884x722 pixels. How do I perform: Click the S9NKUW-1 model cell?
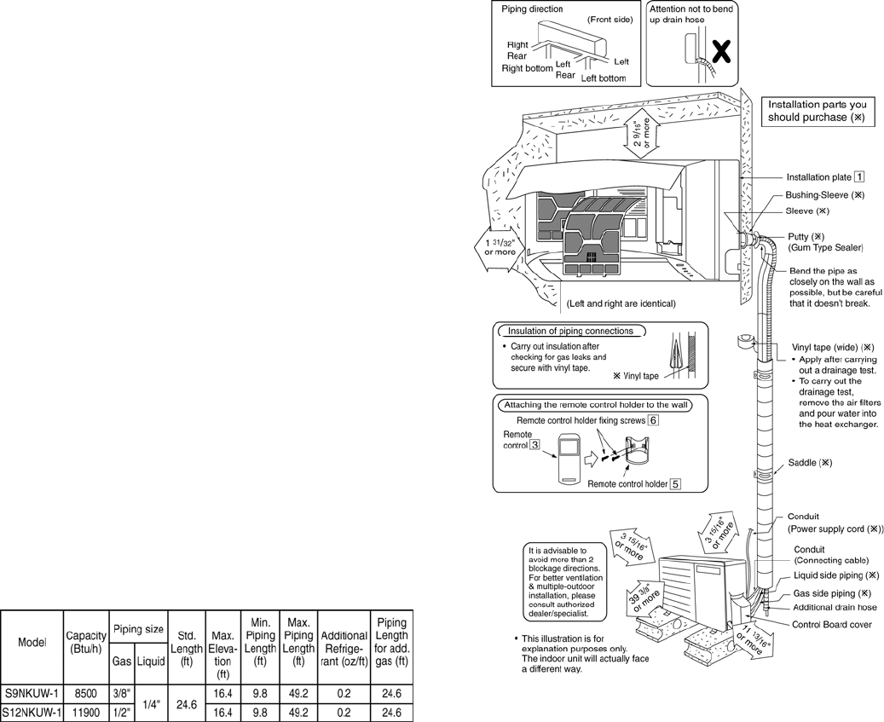[x=31, y=695]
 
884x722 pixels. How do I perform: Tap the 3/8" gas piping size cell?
[x=120, y=695]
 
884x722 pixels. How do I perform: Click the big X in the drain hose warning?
[x=721, y=54]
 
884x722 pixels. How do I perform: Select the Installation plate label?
[x=818, y=177]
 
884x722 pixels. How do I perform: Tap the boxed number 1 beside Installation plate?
[x=860, y=177]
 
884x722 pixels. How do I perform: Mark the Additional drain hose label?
[x=835, y=608]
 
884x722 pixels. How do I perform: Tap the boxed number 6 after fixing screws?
[x=653, y=420]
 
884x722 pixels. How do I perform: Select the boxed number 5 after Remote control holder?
[x=675, y=484]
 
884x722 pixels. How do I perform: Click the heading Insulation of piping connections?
[x=570, y=331]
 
